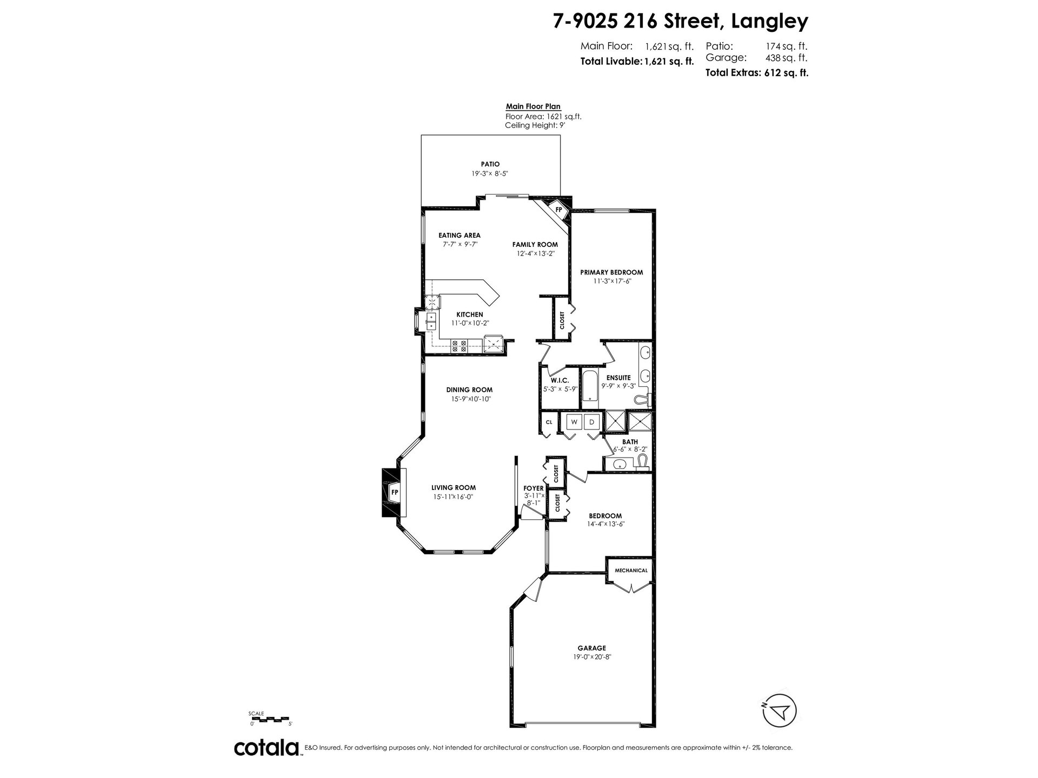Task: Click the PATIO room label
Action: pyautogui.click(x=490, y=164)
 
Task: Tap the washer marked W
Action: pyautogui.click(x=574, y=422)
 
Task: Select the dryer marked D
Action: pyautogui.click(x=591, y=422)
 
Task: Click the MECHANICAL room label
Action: pyautogui.click(x=630, y=570)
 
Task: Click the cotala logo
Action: pyautogui.click(x=267, y=748)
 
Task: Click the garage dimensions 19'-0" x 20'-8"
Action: pyautogui.click(x=591, y=657)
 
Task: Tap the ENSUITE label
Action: pyautogui.click(x=618, y=378)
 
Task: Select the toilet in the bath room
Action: pyautogui.click(x=642, y=462)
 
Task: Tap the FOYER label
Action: pyautogui.click(x=534, y=488)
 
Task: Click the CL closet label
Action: pyautogui.click(x=549, y=422)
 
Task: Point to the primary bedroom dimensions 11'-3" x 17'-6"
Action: pyautogui.click(x=613, y=281)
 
